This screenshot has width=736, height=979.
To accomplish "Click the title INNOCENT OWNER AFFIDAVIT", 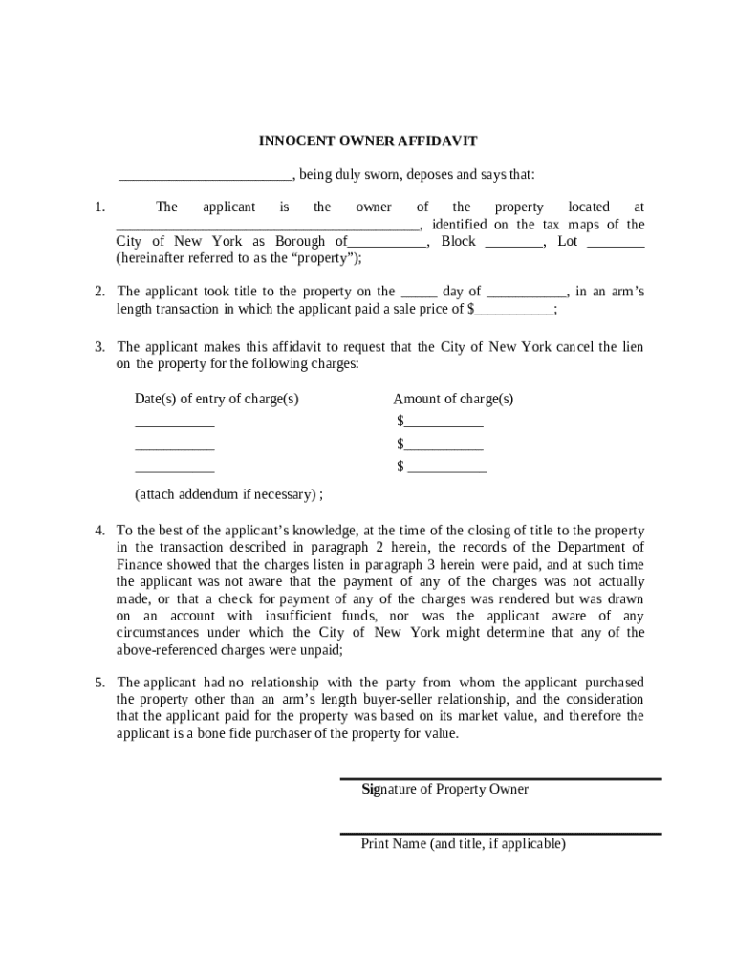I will coord(368,141).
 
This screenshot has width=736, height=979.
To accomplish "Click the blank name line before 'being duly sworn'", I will coord(205,176).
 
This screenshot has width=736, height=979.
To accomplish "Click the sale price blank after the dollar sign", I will coord(514,310).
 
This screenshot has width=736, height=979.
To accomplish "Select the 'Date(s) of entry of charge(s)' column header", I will coord(217,399).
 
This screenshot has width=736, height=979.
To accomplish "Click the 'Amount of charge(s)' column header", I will coord(453,399).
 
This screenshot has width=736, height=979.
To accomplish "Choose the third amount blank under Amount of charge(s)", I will coord(447,468).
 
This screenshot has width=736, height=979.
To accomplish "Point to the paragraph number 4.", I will coord(99,531).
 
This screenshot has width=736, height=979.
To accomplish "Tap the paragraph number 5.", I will coord(99,683).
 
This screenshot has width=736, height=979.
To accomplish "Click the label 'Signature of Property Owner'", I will coord(444,790).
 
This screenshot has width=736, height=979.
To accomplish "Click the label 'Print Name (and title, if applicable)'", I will coord(464,844).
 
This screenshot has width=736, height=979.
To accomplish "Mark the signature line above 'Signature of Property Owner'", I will coord(501,778).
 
